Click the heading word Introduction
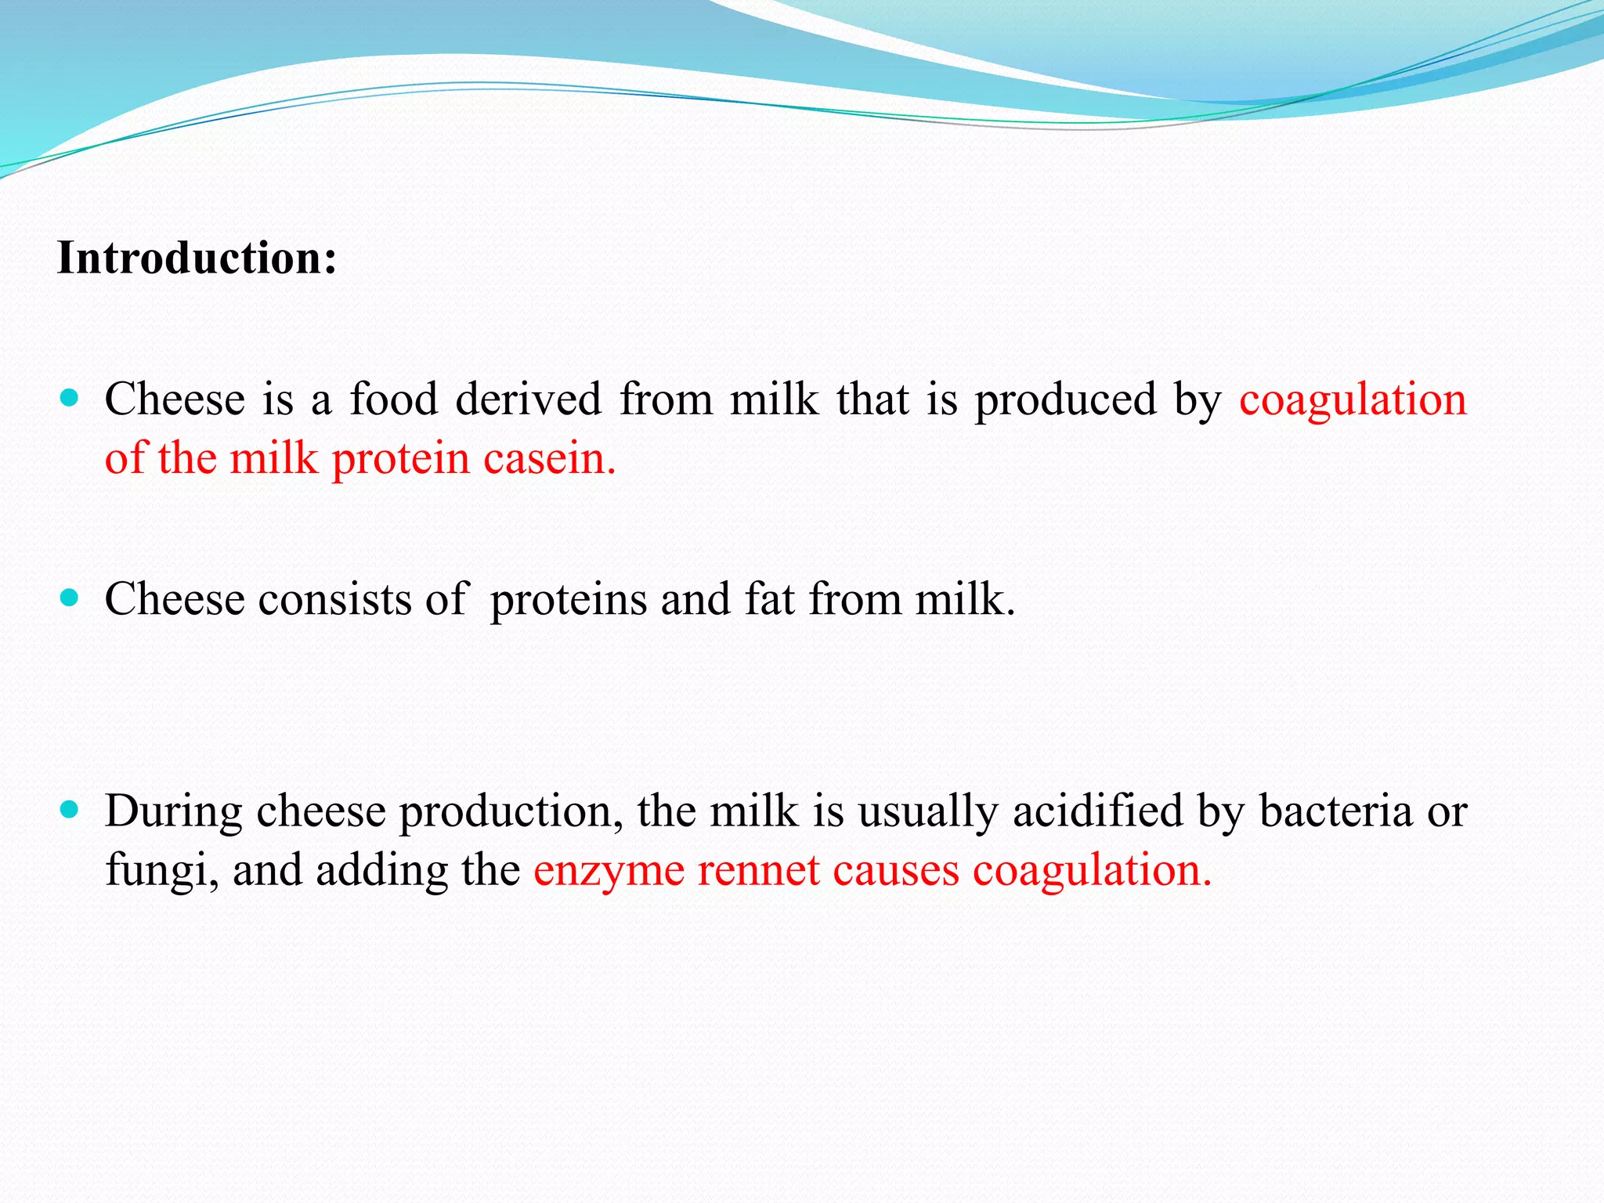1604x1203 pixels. click(x=196, y=258)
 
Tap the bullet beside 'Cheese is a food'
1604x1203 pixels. click(x=70, y=399)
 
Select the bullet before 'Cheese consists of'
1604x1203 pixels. click(x=70, y=599)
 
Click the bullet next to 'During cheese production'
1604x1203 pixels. click(x=70, y=810)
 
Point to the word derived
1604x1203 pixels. click(x=528, y=399)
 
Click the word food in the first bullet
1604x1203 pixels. click(x=393, y=399)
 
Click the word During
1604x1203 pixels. click(x=173, y=811)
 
